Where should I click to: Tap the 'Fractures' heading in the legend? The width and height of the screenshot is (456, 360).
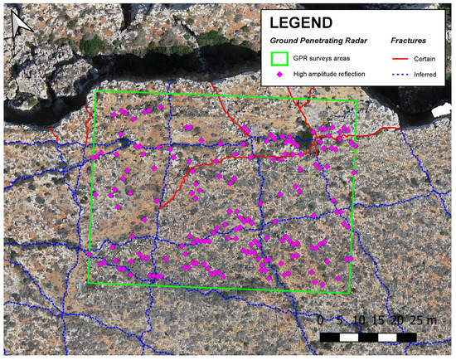point(412,41)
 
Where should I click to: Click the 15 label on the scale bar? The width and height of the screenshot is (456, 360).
point(379,319)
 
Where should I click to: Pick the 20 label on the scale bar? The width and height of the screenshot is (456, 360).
point(399,319)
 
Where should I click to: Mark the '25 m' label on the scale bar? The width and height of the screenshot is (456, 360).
point(422,319)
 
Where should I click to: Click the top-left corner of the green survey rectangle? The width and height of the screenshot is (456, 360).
point(97,90)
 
